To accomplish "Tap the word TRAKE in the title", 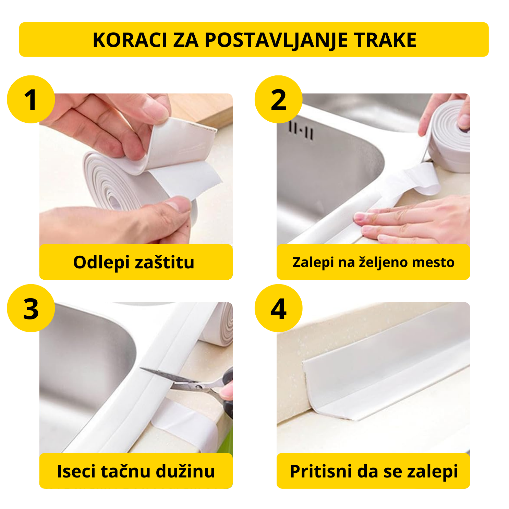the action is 385,40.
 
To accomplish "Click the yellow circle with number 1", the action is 31,99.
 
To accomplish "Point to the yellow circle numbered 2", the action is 278,99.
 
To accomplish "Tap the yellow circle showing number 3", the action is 31,308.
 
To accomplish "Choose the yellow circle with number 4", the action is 278,308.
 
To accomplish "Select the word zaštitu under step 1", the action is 165,263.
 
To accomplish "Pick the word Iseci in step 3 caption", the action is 76,471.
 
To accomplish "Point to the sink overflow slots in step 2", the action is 301,130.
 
